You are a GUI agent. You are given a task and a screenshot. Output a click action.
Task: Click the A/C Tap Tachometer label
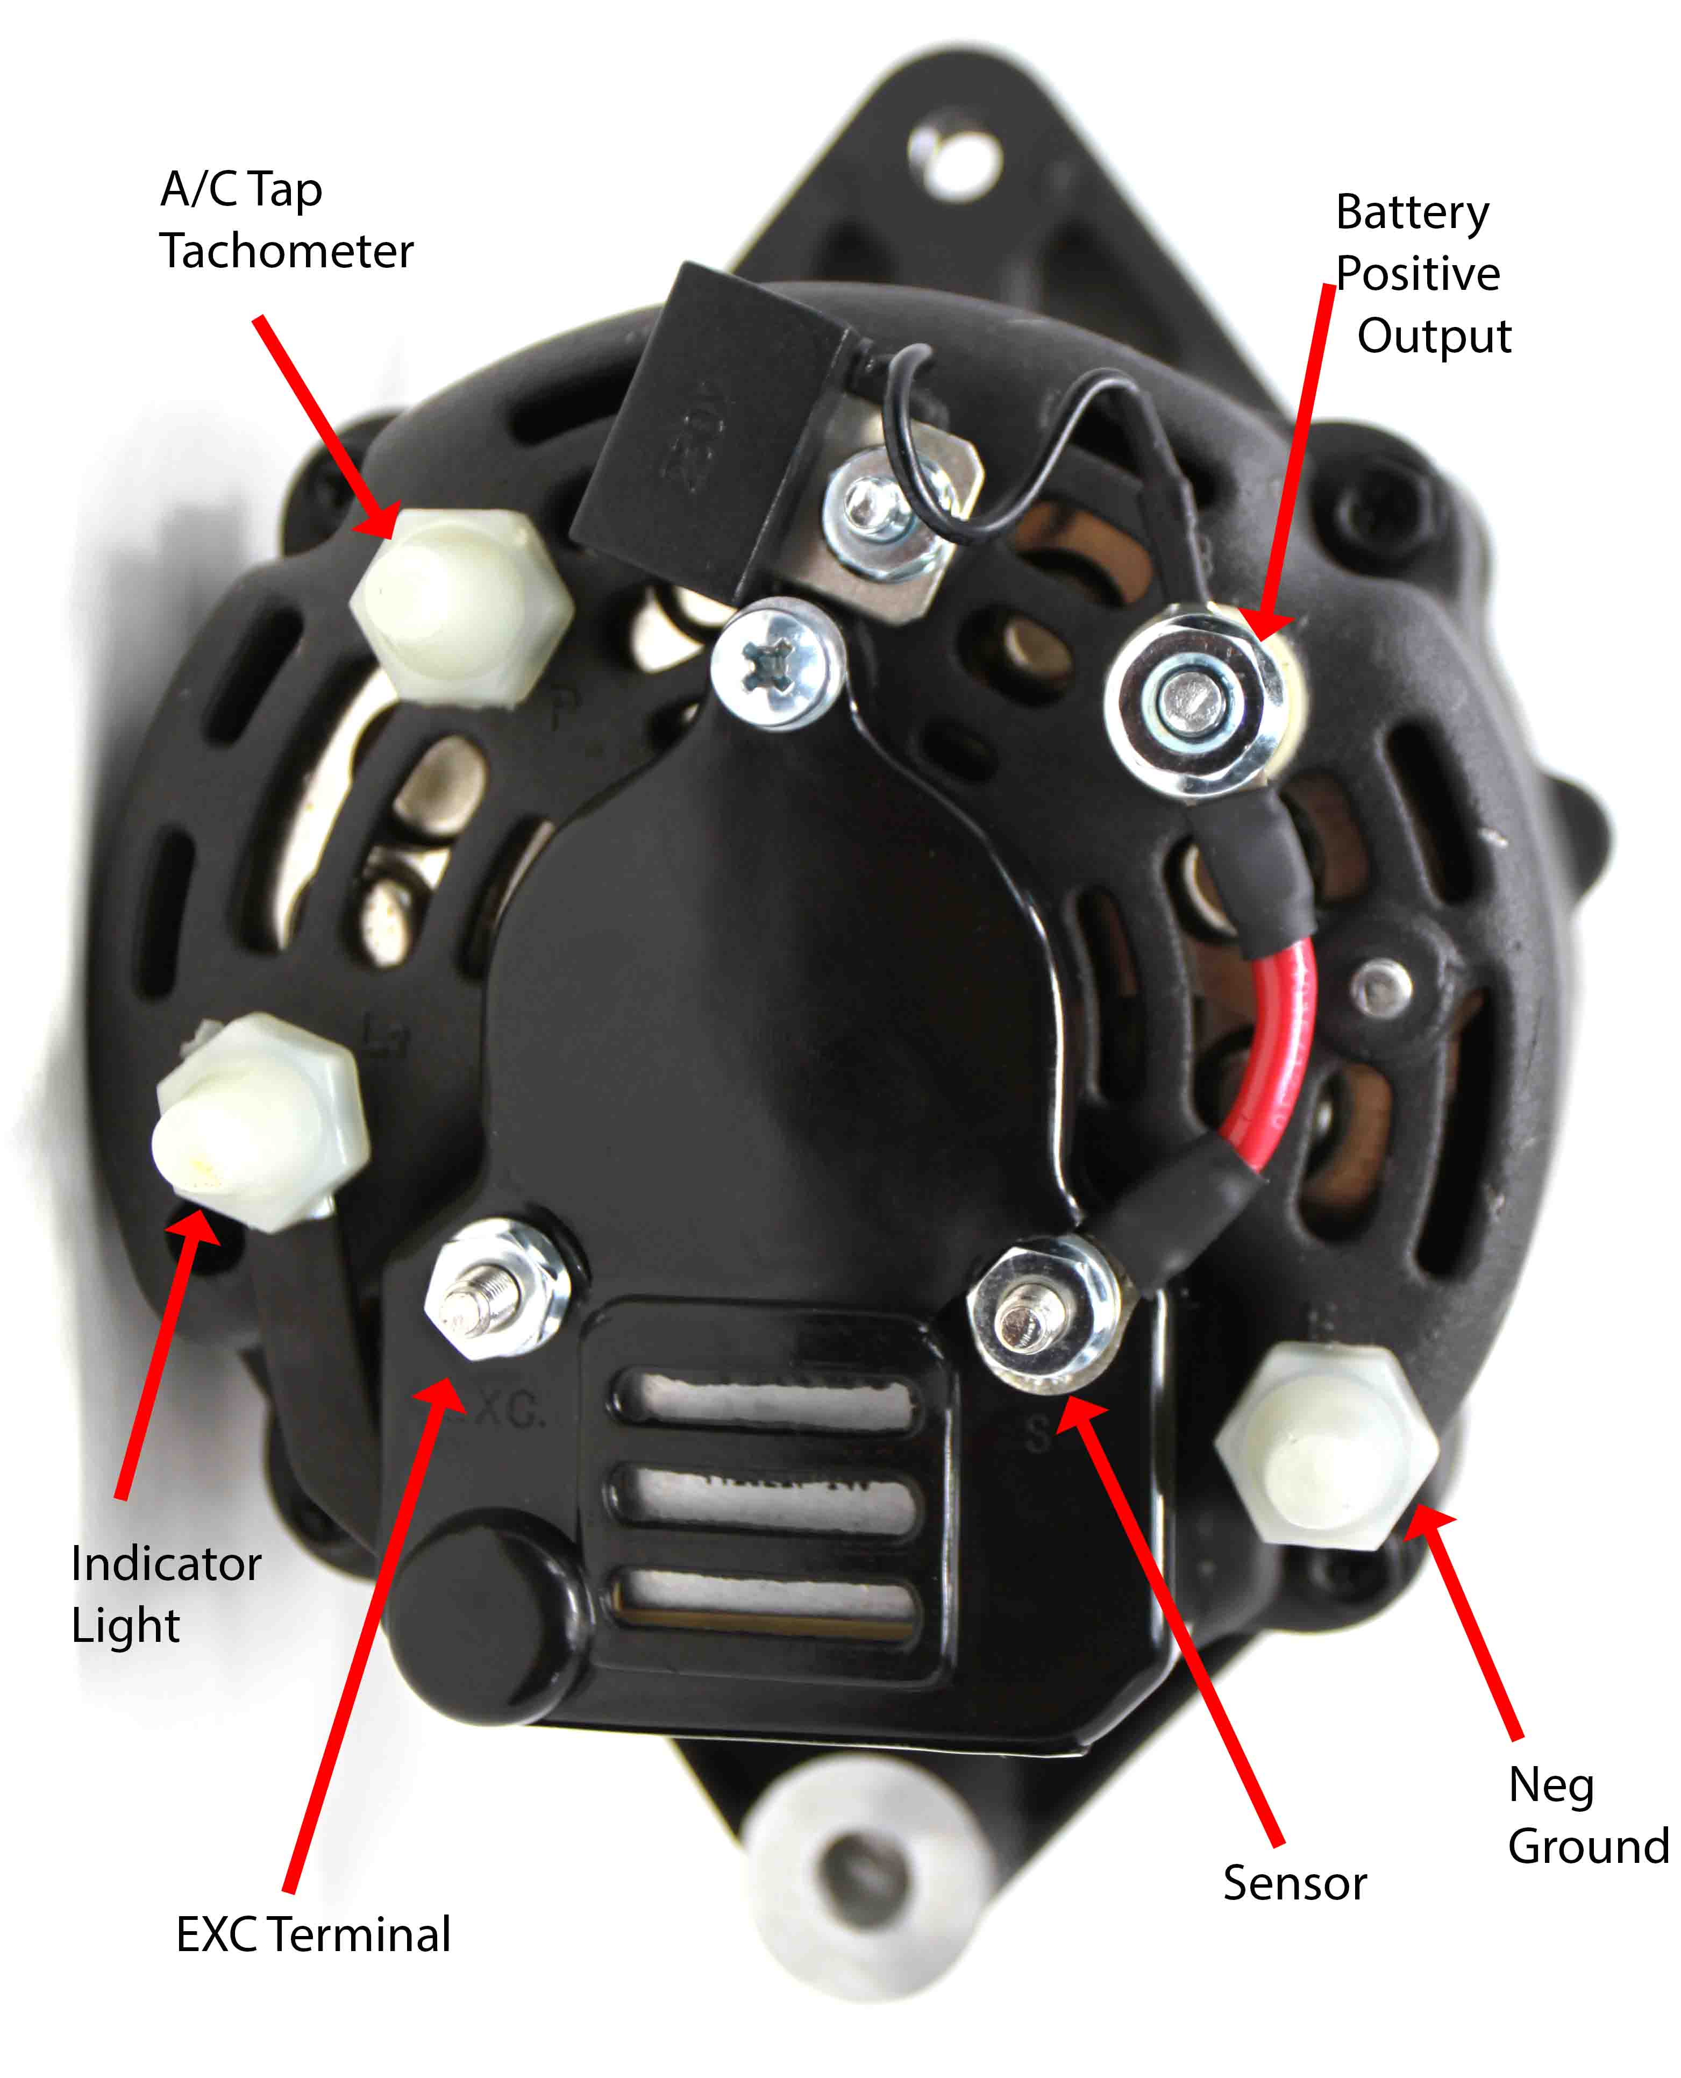(x=287, y=221)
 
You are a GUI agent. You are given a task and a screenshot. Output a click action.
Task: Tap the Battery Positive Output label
(x=1421, y=274)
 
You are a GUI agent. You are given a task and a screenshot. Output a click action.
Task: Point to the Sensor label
(x=1295, y=1883)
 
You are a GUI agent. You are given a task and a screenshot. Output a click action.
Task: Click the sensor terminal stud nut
(x=1041, y=1314)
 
